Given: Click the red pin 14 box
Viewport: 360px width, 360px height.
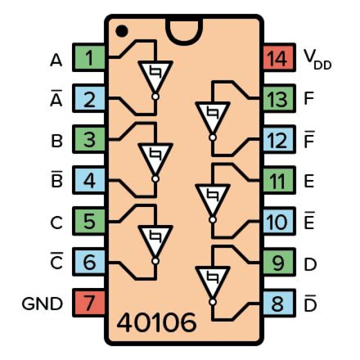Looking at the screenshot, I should tap(276, 59).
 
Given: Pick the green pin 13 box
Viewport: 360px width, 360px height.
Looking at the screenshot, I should tap(276, 99).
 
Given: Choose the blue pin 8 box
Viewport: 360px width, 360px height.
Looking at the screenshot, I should tap(276, 302).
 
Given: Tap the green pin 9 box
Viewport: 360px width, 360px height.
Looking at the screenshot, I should tap(276, 262).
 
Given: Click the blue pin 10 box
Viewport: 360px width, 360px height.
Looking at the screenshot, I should tap(276, 221).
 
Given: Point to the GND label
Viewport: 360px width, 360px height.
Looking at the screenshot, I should tap(42, 303).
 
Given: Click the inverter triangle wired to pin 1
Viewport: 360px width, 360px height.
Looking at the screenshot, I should tap(155, 75).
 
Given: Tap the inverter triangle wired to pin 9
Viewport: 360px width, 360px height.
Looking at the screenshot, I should tap(212, 279).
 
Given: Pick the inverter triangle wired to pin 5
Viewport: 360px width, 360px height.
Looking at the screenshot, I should tap(155, 238).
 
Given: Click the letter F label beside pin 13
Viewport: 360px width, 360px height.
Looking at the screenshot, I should tap(308, 99).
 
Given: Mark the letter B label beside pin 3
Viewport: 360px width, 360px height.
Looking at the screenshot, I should tap(56, 140).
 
